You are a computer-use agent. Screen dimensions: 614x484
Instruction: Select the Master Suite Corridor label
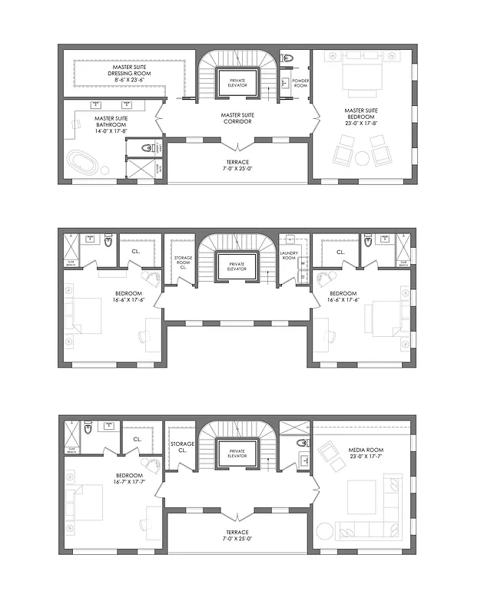237,119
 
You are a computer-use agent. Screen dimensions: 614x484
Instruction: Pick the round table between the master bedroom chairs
362,158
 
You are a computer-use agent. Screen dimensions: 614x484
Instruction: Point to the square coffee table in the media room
361,497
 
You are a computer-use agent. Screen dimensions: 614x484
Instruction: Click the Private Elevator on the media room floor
237,454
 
